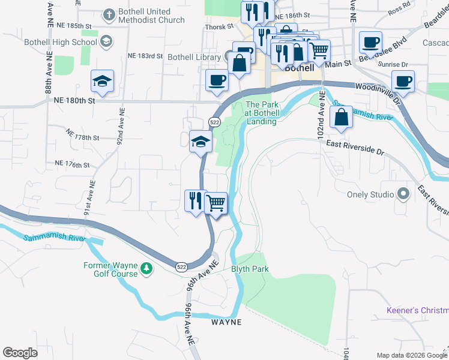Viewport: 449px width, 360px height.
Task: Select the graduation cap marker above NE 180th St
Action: (x=102, y=81)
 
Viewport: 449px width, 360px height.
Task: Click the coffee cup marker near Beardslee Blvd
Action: (x=370, y=43)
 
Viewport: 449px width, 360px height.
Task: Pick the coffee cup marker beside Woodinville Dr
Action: (x=403, y=81)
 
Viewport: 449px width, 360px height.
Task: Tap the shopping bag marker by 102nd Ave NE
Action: (x=341, y=117)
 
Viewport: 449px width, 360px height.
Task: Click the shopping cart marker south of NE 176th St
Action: (x=215, y=202)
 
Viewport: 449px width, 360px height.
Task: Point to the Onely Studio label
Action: (x=370, y=194)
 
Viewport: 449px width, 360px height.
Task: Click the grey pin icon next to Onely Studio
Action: (x=403, y=194)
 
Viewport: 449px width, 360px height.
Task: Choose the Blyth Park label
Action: (x=250, y=269)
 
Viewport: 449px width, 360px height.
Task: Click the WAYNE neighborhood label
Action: (x=226, y=322)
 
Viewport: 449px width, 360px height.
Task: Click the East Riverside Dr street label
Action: (x=354, y=148)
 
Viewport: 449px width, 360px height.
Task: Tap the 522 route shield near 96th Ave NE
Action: (x=181, y=266)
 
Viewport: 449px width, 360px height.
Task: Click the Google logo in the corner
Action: (x=20, y=353)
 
